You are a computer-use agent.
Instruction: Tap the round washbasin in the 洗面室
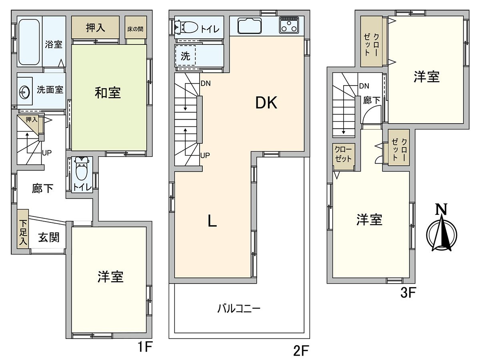pos(24,92)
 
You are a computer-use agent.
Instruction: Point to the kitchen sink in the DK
pos(250,26)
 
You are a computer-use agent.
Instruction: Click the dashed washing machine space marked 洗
pos(186,56)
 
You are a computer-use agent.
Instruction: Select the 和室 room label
pos(108,93)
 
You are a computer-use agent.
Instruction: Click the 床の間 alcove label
pos(135,29)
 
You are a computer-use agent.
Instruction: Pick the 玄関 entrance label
pos(49,238)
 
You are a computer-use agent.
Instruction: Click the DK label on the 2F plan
pos(266,103)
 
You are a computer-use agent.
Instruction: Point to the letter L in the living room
pos(212,220)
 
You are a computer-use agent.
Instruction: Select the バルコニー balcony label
pos(239,309)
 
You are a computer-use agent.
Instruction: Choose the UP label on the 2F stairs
pos(205,155)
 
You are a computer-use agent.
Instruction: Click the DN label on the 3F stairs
pos(364,86)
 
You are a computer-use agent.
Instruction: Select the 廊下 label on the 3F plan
pos(372,100)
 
